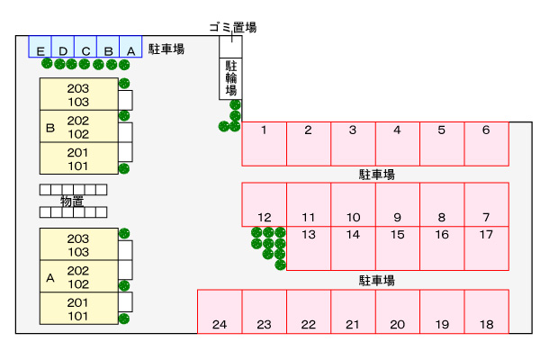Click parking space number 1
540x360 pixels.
(x=264, y=143)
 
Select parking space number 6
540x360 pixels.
(x=486, y=143)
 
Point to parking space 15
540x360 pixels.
(x=397, y=247)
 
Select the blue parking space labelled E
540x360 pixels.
(x=40, y=47)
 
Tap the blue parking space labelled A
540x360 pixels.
(x=130, y=47)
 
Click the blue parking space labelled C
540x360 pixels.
(x=85, y=47)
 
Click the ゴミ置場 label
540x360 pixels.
(x=232, y=27)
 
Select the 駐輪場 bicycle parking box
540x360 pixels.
(x=231, y=78)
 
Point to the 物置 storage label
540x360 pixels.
(x=72, y=201)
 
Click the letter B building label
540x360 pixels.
(x=50, y=127)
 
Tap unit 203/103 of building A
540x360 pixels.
(x=79, y=245)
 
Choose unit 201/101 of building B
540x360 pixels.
(x=79, y=158)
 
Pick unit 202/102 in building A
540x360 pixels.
(x=79, y=277)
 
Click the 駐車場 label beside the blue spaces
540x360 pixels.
(x=166, y=49)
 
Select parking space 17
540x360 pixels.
(x=486, y=247)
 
